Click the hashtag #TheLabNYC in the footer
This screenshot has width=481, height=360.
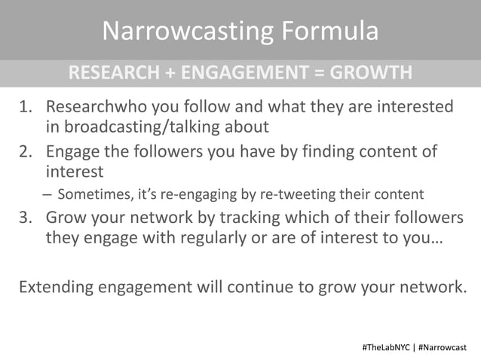pyautogui.click(x=384, y=347)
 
